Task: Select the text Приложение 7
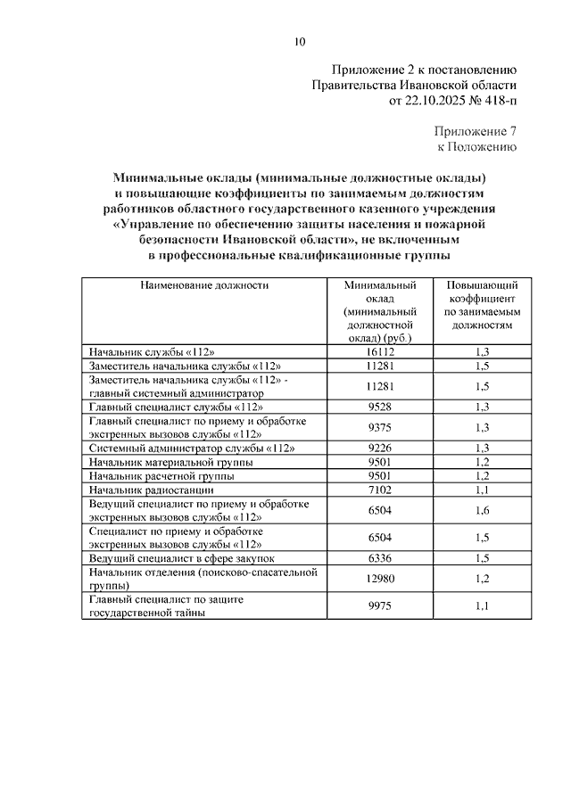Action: [x=475, y=130]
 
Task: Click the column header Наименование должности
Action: [x=203, y=285]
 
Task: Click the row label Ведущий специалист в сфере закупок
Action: [x=183, y=558]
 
